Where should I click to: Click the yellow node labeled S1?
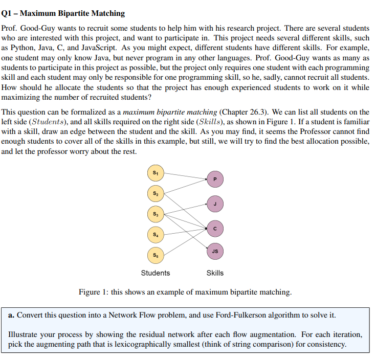point(154,172)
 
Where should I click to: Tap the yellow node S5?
point(154,254)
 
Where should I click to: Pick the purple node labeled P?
point(215,179)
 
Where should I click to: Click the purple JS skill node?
point(215,251)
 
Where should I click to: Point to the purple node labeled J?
point(215,203)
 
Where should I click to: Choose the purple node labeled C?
point(215,228)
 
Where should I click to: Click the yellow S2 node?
point(154,193)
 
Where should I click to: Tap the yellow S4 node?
point(154,234)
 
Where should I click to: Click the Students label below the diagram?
point(156,273)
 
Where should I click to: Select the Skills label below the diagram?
point(215,273)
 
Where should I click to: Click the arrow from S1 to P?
point(184,175)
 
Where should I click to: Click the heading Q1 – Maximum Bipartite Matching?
point(63,13)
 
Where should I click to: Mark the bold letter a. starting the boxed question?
point(12,314)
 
